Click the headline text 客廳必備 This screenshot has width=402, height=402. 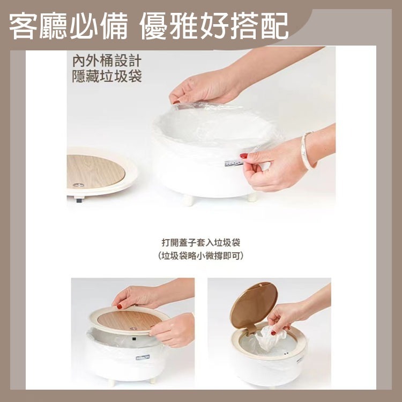click(x=68, y=26)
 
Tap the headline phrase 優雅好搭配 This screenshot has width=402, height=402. click(x=214, y=26)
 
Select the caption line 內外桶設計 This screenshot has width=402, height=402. click(x=107, y=61)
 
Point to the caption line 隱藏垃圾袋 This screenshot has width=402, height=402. click(x=107, y=77)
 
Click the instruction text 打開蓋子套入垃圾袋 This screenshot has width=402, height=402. click(x=201, y=242)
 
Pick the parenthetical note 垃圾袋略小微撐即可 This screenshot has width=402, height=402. click(x=201, y=256)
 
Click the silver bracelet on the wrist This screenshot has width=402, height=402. click(x=308, y=151)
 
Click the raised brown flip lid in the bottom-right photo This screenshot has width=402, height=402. click(x=254, y=305)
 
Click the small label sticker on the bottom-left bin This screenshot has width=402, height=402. click(x=143, y=357)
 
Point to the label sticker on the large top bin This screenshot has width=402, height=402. click(x=233, y=163)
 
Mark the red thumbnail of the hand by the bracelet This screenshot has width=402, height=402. click(x=244, y=155)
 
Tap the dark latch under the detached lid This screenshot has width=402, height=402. click(x=79, y=200)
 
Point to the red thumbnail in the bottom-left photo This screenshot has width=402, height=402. click(x=119, y=306)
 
